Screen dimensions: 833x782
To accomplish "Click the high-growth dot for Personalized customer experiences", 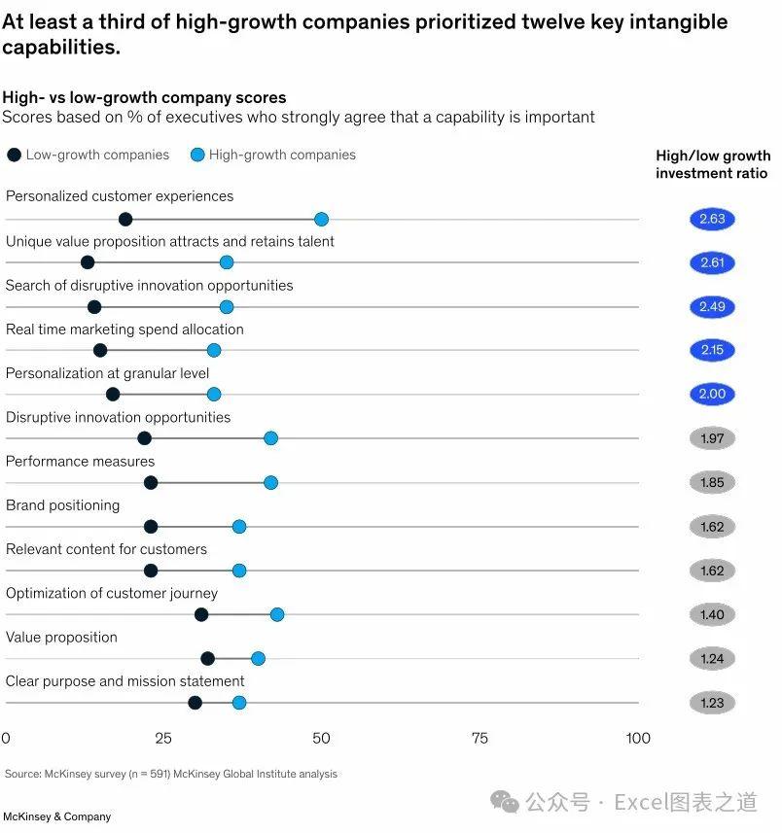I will click(321, 219).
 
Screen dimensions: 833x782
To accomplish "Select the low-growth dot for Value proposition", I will click(207, 658).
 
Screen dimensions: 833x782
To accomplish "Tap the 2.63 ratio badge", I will click(712, 219).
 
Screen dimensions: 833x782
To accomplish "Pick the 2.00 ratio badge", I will click(712, 395).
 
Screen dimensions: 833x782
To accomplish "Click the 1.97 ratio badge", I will click(712, 438).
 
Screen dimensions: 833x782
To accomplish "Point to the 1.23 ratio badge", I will click(712, 703).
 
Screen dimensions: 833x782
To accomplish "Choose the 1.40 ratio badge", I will click(712, 614).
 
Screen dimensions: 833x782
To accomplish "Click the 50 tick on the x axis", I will click(321, 739).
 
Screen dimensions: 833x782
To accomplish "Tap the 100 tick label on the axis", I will click(638, 739).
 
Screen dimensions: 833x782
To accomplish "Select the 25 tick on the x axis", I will click(163, 739).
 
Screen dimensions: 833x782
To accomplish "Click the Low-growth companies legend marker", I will click(14, 155).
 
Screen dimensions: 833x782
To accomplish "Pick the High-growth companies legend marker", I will click(196, 155).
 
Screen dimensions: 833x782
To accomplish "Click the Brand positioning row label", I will click(62, 505).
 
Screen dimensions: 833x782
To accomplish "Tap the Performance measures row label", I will click(80, 462).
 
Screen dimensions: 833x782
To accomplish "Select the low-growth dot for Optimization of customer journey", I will click(201, 614).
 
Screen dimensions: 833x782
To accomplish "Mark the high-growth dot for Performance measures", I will click(270, 482).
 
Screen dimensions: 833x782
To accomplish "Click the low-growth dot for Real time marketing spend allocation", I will click(100, 350).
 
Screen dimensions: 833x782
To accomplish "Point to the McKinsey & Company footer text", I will click(56, 817).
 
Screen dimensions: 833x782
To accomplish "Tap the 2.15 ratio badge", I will click(712, 350).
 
